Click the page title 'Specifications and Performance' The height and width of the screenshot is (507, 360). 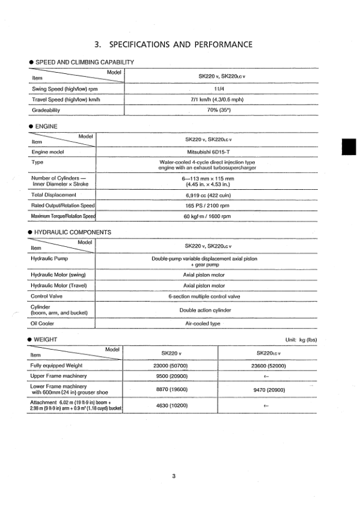pyautogui.click(x=174, y=44)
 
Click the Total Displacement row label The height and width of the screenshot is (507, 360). pyautogui.click(x=53, y=195)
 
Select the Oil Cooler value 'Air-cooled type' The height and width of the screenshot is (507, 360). pyautogui.click(x=206, y=323)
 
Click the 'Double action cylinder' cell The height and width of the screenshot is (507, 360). pyautogui.click(x=206, y=310)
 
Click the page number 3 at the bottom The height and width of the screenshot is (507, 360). pyautogui.click(x=173, y=477)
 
